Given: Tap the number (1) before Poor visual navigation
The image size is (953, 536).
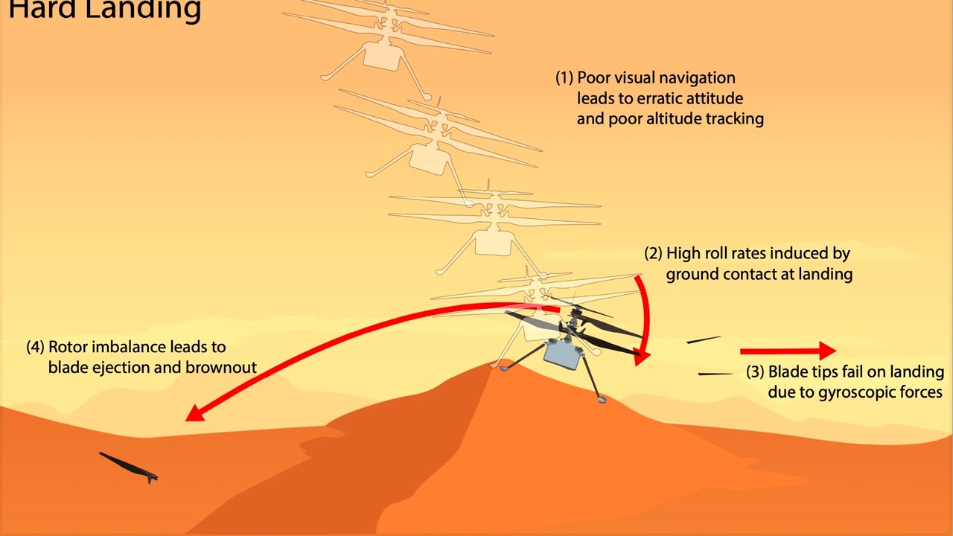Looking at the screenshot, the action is click(564, 78).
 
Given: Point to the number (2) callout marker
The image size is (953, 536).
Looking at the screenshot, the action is click(653, 253).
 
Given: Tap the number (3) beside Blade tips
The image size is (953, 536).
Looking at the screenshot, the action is click(755, 371).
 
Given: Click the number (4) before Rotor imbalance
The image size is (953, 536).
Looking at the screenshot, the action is click(35, 347).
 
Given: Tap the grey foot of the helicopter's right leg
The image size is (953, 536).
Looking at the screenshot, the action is click(601, 399).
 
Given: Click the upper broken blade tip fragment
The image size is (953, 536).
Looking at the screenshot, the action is click(704, 339).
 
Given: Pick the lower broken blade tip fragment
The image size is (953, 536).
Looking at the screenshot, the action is click(715, 374).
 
